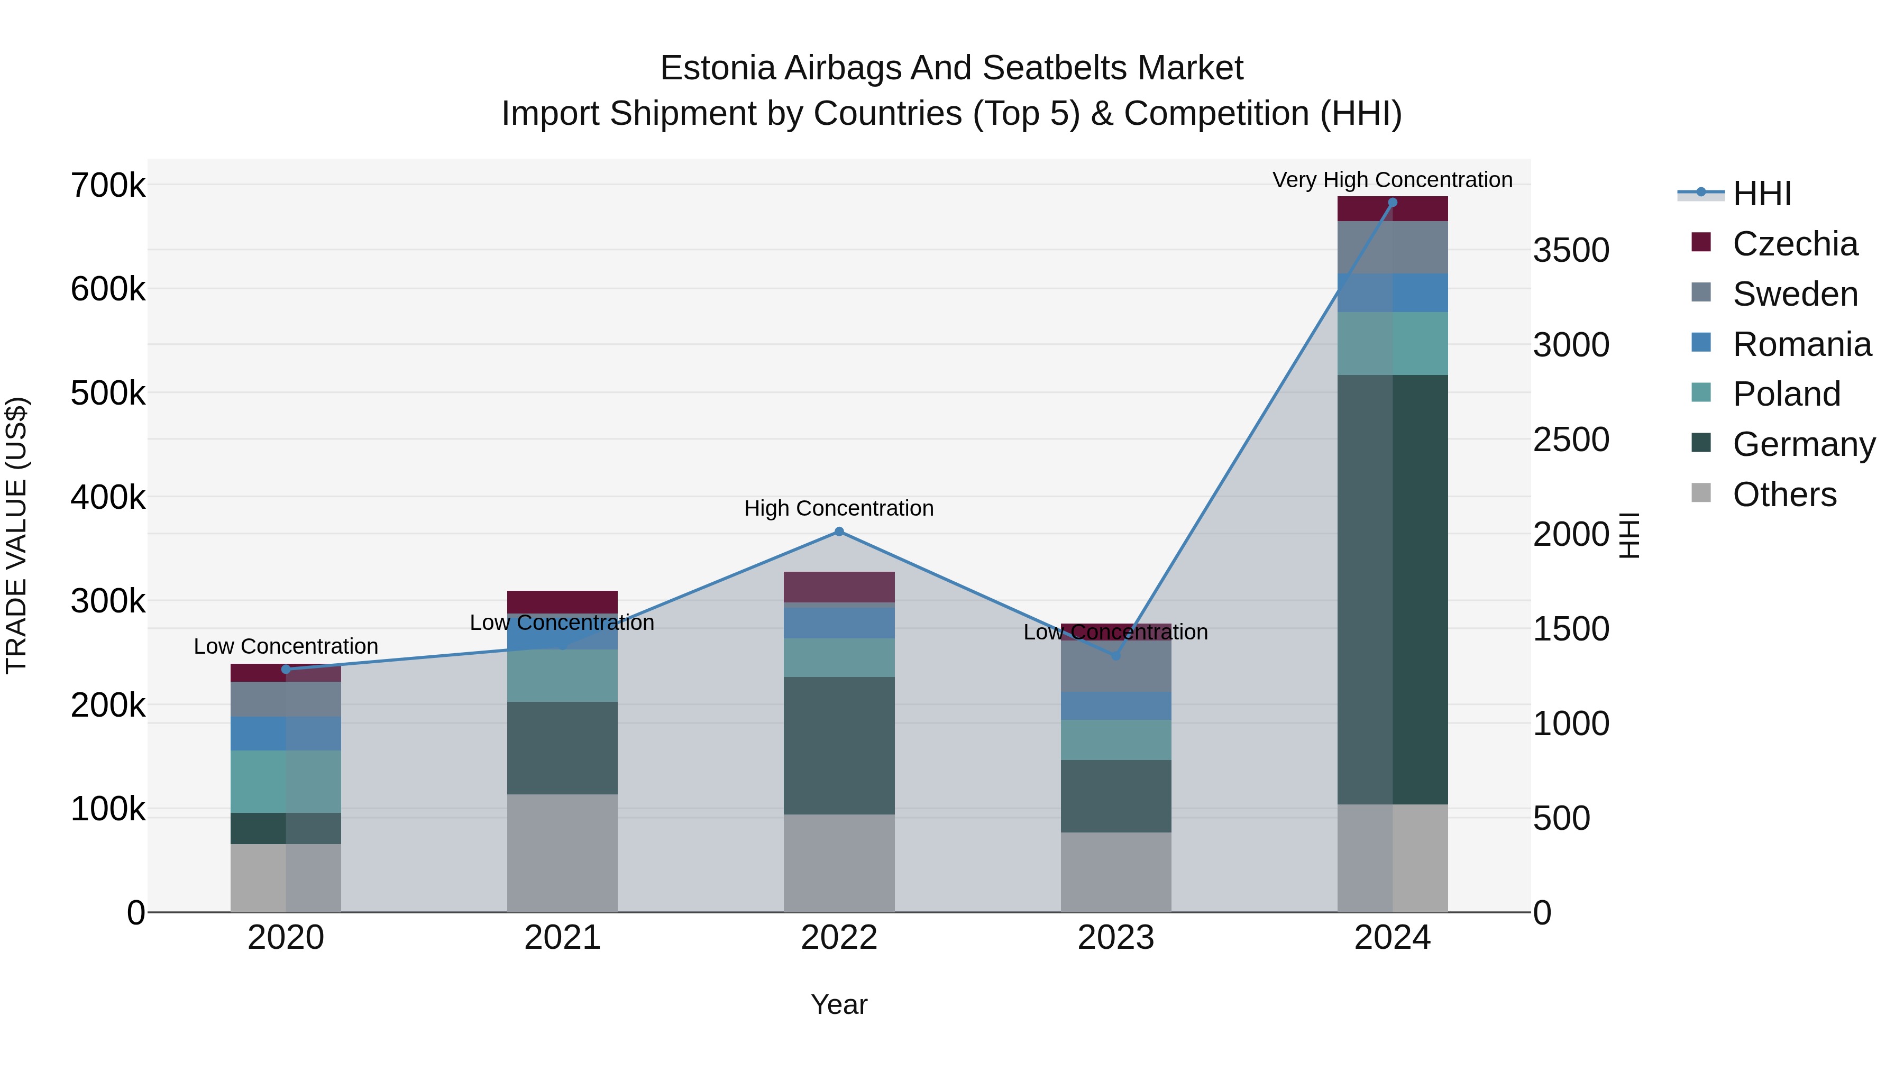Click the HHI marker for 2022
coord(839,532)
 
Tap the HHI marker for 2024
coord(1393,203)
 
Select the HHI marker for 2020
coord(286,670)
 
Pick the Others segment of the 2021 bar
coord(563,853)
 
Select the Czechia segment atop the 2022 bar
coord(839,587)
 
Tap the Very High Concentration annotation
coord(1393,180)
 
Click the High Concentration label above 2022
coord(839,508)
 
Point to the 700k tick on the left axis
coord(108,186)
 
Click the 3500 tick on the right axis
coord(1571,251)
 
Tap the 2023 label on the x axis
coord(1116,938)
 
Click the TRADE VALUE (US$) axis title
coord(16,535)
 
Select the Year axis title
coord(839,1004)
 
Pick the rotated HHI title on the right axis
coord(1629,535)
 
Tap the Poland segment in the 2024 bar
coord(1393,344)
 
